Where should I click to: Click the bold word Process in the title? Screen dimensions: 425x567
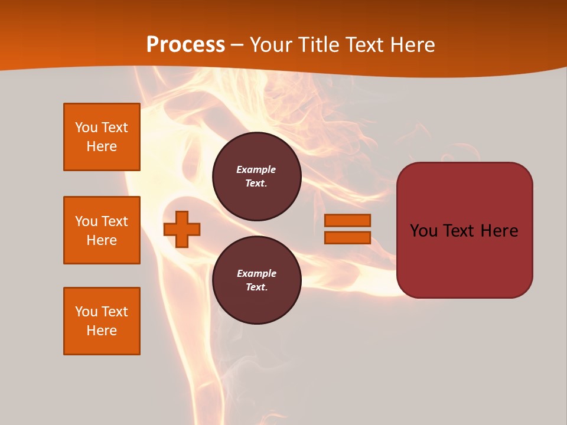point(185,45)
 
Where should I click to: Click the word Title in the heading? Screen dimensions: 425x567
point(317,45)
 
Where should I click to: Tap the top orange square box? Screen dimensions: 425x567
point(102,137)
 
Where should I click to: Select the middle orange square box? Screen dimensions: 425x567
point(102,230)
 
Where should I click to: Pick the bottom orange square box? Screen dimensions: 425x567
point(102,321)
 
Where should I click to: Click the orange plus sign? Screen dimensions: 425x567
point(182,229)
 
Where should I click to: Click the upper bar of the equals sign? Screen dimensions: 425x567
point(347,220)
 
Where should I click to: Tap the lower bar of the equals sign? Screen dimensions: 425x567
point(347,237)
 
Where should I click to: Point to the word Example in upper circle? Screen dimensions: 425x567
point(256,169)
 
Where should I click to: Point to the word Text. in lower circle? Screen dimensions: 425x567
point(256,287)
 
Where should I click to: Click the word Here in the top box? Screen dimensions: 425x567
point(102,146)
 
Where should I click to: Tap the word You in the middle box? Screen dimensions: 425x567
point(86,221)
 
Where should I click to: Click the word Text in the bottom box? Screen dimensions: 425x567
point(114,312)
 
